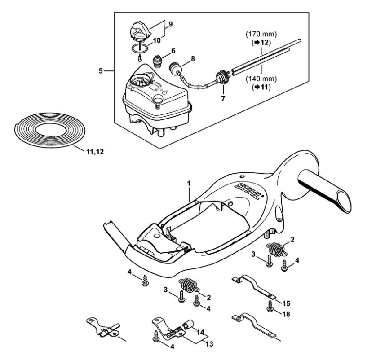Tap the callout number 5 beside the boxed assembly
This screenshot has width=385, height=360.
pyautogui.click(x=102, y=70)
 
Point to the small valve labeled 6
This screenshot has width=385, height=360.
pyautogui.click(x=157, y=61)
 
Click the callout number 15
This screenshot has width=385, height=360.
pyautogui.click(x=286, y=302)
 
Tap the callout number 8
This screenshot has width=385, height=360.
pyautogui.click(x=193, y=58)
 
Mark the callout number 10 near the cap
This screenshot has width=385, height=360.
pyautogui.click(x=156, y=40)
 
